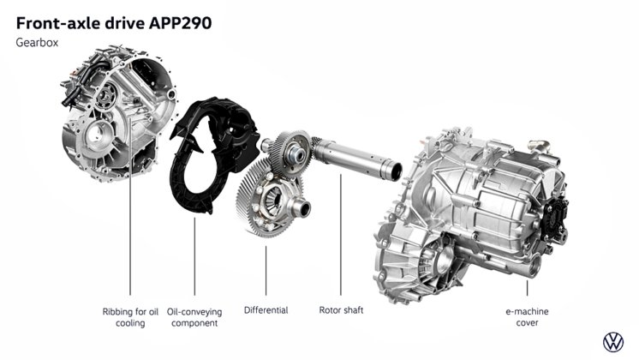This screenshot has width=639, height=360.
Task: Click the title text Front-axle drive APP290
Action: tap(114, 23)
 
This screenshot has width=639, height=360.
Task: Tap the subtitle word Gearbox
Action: tap(37, 43)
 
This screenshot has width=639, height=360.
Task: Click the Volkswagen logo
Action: tap(613, 342)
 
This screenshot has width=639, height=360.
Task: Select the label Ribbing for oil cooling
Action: tap(130, 317)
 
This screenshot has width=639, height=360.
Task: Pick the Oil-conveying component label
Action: tap(194, 317)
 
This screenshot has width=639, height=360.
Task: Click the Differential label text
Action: tap(266, 310)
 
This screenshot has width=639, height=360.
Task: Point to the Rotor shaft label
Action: tap(341, 310)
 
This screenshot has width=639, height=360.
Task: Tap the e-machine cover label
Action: tap(527, 317)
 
